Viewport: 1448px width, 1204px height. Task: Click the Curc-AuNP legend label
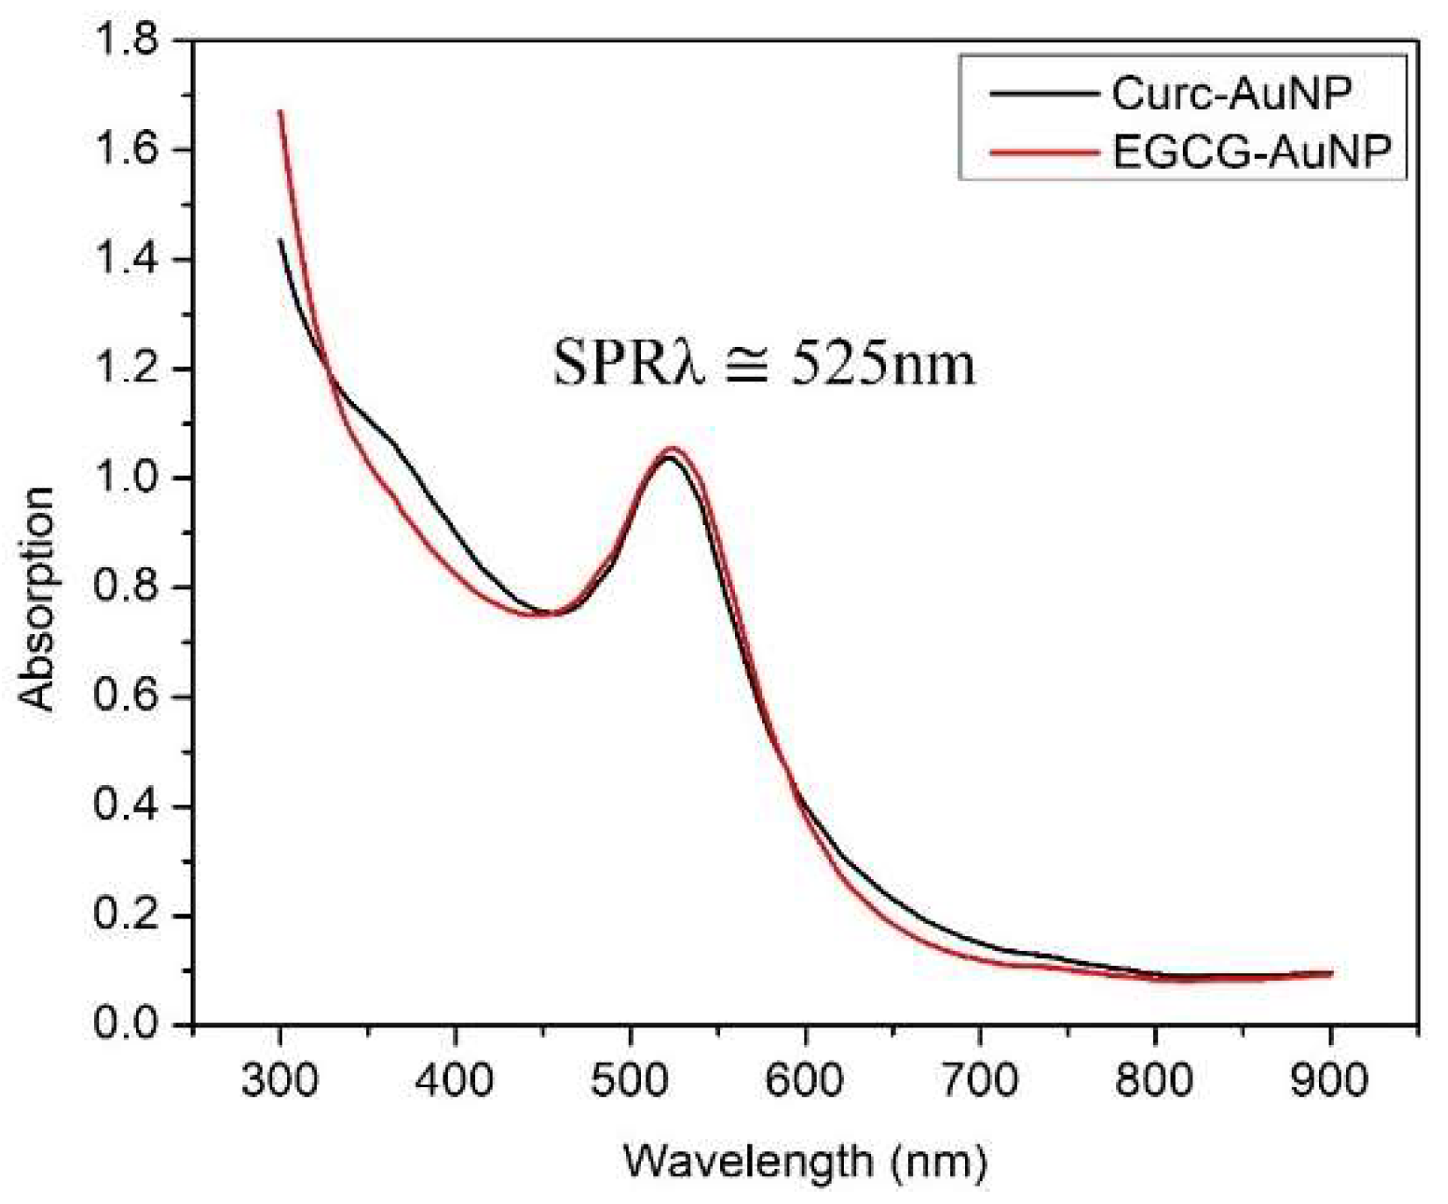tap(1231, 94)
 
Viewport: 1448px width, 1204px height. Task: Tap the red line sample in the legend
tap(1044, 153)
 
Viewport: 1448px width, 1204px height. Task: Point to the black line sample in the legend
tap(1044, 94)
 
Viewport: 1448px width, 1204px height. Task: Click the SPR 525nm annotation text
tap(764, 364)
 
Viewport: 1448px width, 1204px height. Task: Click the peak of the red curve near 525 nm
tap(673, 449)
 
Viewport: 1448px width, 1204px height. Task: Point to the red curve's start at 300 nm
tap(280, 112)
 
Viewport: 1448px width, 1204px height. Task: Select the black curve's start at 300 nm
tap(280, 240)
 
